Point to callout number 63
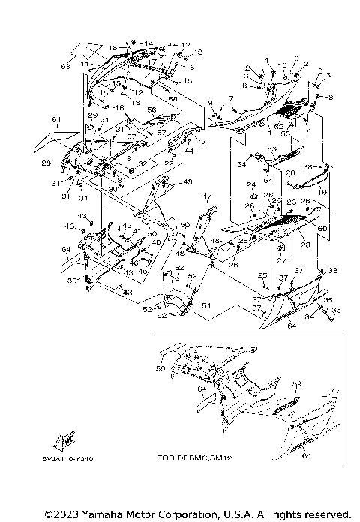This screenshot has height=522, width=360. (x=65, y=67)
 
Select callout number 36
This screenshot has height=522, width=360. (x=336, y=309)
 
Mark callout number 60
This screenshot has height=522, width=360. (x=323, y=227)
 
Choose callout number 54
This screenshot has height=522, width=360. (x=241, y=164)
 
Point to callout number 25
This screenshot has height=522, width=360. (x=263, y=275)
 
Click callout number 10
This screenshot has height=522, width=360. (x=283, y=66)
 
